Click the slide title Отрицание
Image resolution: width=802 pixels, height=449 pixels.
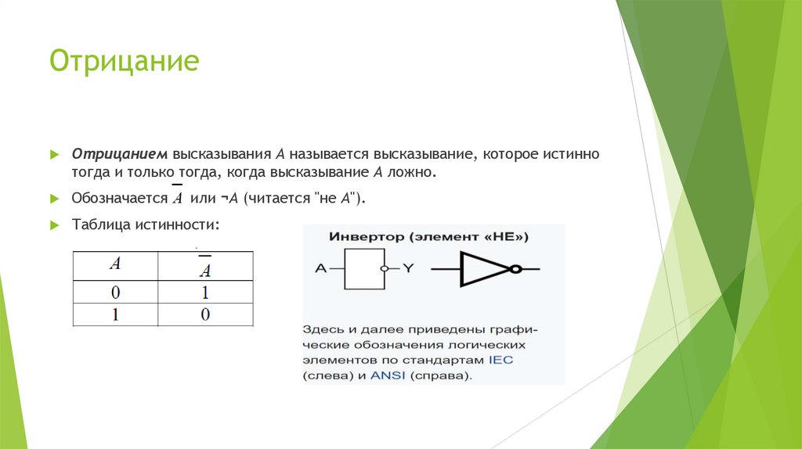[x=124, y=61]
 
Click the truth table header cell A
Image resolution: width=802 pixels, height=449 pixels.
[x=115, y=264]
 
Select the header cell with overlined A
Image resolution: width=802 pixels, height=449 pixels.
[x=205, y=267]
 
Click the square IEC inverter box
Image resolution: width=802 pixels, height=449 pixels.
[x=365, y=268]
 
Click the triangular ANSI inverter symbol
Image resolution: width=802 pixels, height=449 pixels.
[x=484, y=268]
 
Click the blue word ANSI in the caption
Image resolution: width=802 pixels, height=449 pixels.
[x=386, y=375]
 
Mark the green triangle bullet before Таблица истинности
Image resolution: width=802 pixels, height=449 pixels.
[x=54, y=224]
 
